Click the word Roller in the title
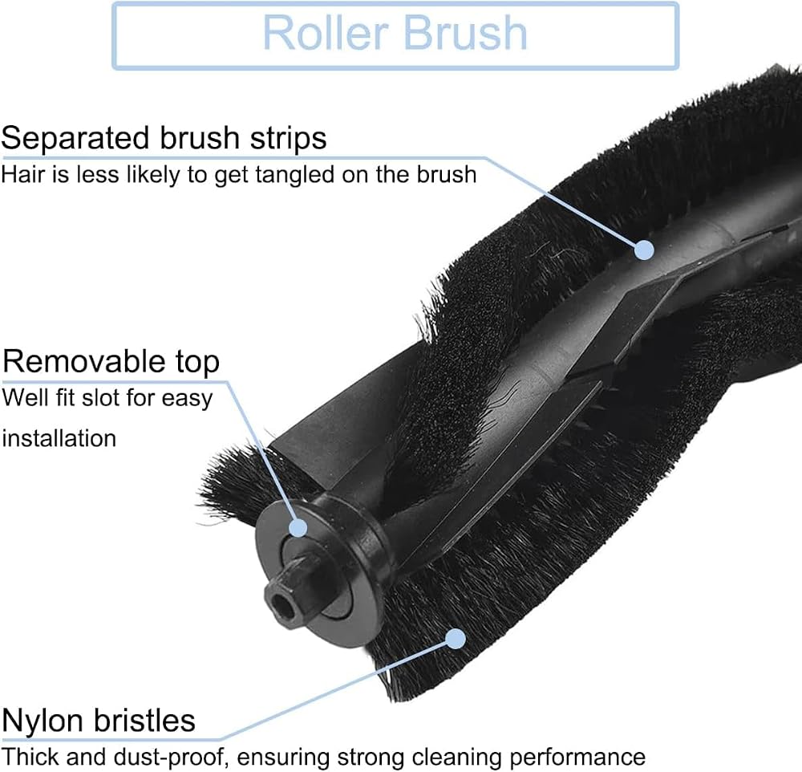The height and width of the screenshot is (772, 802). pyautogui.click(x=326, y=33)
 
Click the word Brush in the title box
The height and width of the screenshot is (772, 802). pyautogui.click(x=465, y=33)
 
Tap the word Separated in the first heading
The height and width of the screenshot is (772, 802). pyautogui.click(x=75, y=139)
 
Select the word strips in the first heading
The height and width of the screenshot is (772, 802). pyautogui.click(x=288, y=139)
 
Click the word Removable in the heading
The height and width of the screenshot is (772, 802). pyautogui.click(x=82, y=361)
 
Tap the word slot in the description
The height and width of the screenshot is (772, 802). pyautogui.click(x=99, y=398)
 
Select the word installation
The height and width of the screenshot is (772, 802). pyautogui.click(x=59, y=438)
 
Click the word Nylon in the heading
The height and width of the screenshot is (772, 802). pyautogui.click(x=42, y=721)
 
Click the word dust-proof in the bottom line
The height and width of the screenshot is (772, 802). pyautogui.click(x=171, y=757)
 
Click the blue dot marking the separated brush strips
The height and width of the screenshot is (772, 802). pyautogui.click(x=645, y=250)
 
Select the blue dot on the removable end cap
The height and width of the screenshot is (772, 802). pyautogui.click(x=298, y=528)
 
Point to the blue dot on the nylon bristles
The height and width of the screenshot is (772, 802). pyautogui.click(x=456, y=639)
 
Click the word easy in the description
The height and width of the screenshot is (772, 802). pyautogui.click(x=187, y=399)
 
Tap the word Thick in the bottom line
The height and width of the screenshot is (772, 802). pyautogui.click(x=30, y=756)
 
